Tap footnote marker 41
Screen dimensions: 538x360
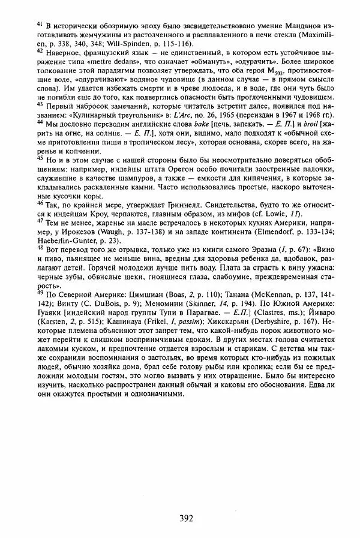(x=40, y=23)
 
